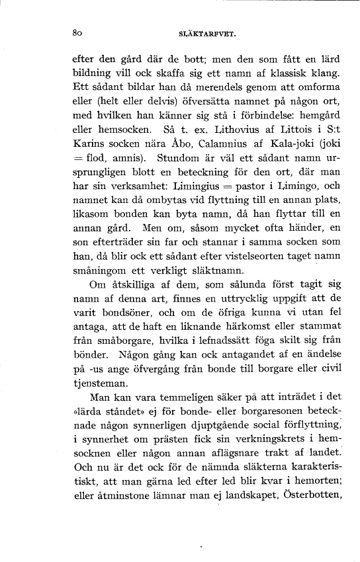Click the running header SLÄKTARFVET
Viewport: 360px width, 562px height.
tap(199, 31)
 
